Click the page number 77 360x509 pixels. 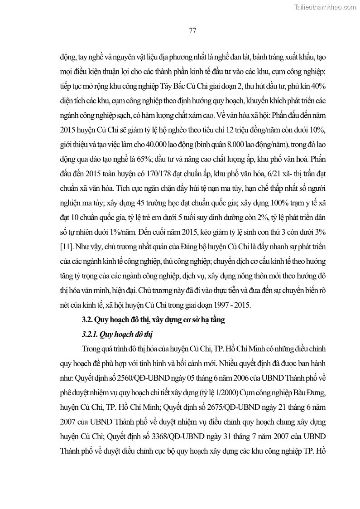[x=192, y=30]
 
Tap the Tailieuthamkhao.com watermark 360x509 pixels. [x=325, y=7]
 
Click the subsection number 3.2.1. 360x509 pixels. [x=91, y=334]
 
